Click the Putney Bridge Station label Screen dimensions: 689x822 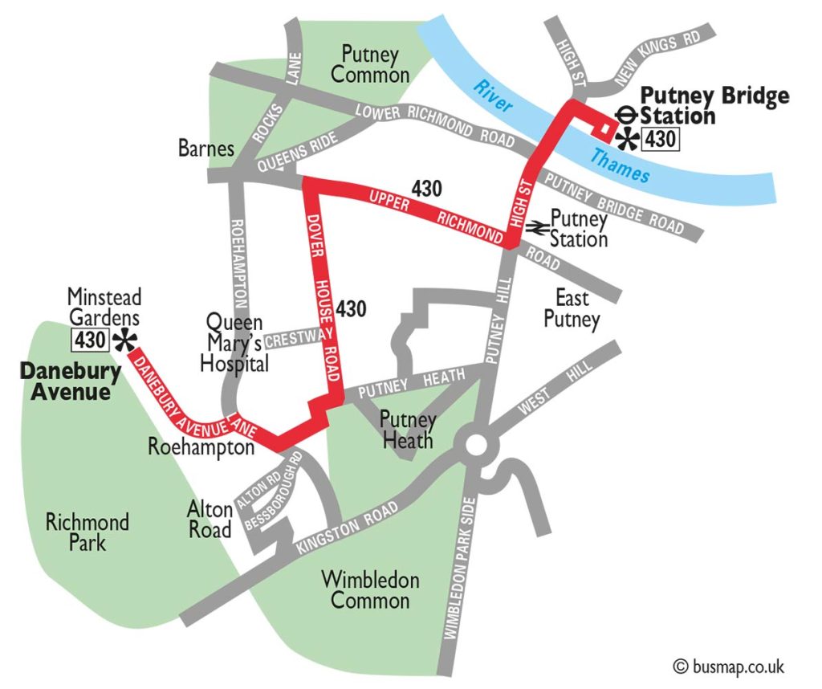tap(713, 106)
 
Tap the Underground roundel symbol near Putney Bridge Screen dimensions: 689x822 tap(629, 116)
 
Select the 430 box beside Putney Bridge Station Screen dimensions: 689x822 tap(661, 140)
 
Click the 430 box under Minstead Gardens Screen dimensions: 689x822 tap(90, 340)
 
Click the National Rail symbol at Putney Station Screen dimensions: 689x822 tap(536, 228)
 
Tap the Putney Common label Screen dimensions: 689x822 tap(370, 65)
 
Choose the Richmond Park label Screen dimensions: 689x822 tap(87, 532)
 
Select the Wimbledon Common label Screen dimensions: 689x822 tap(370, 589)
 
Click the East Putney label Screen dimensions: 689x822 tap(572, 309)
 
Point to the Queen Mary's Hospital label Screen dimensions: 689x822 tap(236, 343)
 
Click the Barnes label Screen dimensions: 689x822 tap(206, 149)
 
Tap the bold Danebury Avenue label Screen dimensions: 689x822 tap(70, 382)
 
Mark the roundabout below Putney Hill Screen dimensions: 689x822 tap(474, 445)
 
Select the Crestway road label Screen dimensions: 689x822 tap(293, 340)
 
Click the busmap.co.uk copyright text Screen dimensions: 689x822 tap(728, 666)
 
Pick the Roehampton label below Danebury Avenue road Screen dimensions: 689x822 tap(201, 447)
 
